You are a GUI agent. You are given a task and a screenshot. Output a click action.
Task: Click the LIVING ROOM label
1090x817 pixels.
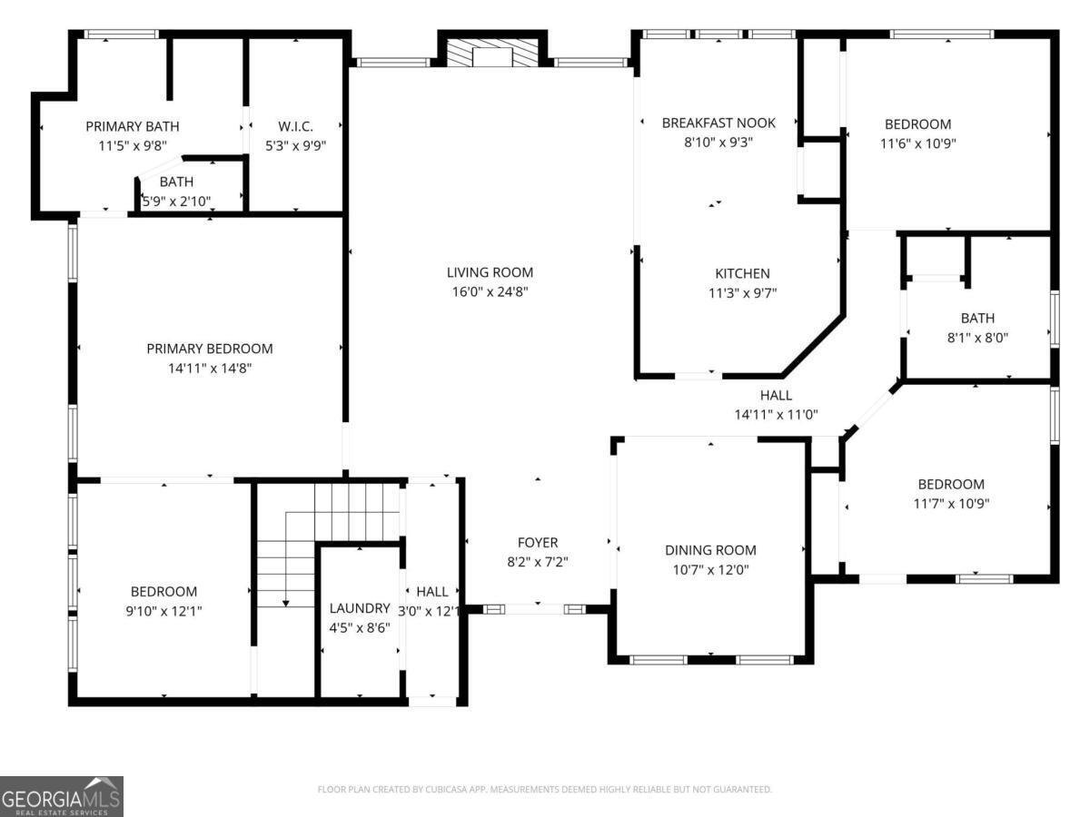[490, 272]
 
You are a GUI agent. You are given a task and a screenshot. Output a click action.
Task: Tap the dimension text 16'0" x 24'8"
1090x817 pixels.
[490, 292]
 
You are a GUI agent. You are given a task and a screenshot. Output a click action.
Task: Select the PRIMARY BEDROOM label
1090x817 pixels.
[209, 349]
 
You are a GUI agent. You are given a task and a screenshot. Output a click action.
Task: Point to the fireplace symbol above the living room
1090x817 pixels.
[491, 52]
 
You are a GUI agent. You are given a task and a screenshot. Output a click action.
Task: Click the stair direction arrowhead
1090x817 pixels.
[286, 602]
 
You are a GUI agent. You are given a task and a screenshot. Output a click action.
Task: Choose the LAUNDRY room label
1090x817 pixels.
[360, 608]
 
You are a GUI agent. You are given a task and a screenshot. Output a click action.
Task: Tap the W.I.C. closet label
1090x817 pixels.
[295, 126]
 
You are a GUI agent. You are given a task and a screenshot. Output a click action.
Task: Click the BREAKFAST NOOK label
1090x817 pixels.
[718, 123]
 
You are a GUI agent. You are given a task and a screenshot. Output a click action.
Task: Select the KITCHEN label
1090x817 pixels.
[742, 273]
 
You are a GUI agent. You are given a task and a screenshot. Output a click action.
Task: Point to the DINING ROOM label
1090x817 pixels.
[710, 550]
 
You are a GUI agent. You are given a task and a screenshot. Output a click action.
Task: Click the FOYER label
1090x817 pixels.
[538, 543]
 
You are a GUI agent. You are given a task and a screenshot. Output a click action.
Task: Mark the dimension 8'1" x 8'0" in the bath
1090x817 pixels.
[977, 338]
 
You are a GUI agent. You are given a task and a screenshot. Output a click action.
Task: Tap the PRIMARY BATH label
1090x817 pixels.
[133, 126]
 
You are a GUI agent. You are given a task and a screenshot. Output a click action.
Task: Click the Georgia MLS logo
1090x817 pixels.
[62, 796]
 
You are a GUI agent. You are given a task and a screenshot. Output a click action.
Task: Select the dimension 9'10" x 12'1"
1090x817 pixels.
[163, 612]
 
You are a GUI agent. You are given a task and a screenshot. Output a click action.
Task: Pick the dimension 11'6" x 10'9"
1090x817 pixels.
[918, 143]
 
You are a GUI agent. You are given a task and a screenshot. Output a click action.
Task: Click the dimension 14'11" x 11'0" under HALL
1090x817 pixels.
[776, 414]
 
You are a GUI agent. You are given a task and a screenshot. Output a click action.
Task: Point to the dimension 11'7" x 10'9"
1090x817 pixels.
[951, 504]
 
